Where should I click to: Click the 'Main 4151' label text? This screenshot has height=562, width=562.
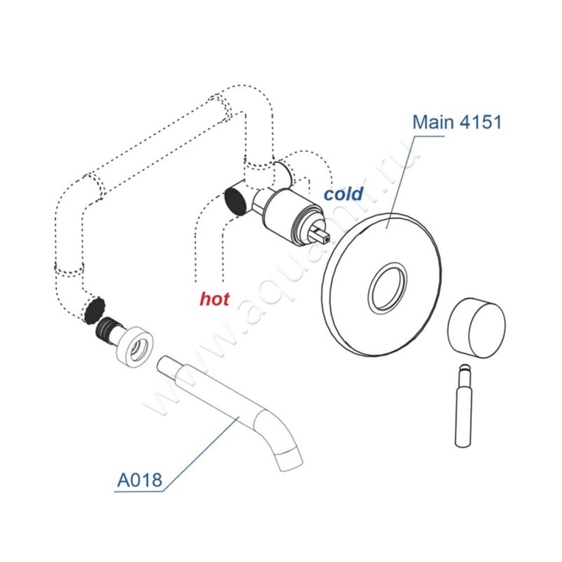point(457,122)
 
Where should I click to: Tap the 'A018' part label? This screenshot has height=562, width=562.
point(139,480)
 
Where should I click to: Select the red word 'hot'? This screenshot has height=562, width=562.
point(214,299)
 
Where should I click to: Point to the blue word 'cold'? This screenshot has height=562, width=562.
point(344,194)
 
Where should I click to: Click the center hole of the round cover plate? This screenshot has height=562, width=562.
point(388,287)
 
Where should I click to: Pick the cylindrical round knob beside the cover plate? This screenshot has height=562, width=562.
point(476,328)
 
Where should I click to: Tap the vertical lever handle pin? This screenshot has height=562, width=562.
point(464,406)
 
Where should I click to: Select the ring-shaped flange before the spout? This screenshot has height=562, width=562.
point(136,347)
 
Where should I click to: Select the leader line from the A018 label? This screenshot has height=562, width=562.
point(201,454)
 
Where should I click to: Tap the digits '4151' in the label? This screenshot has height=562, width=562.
point(481,122)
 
